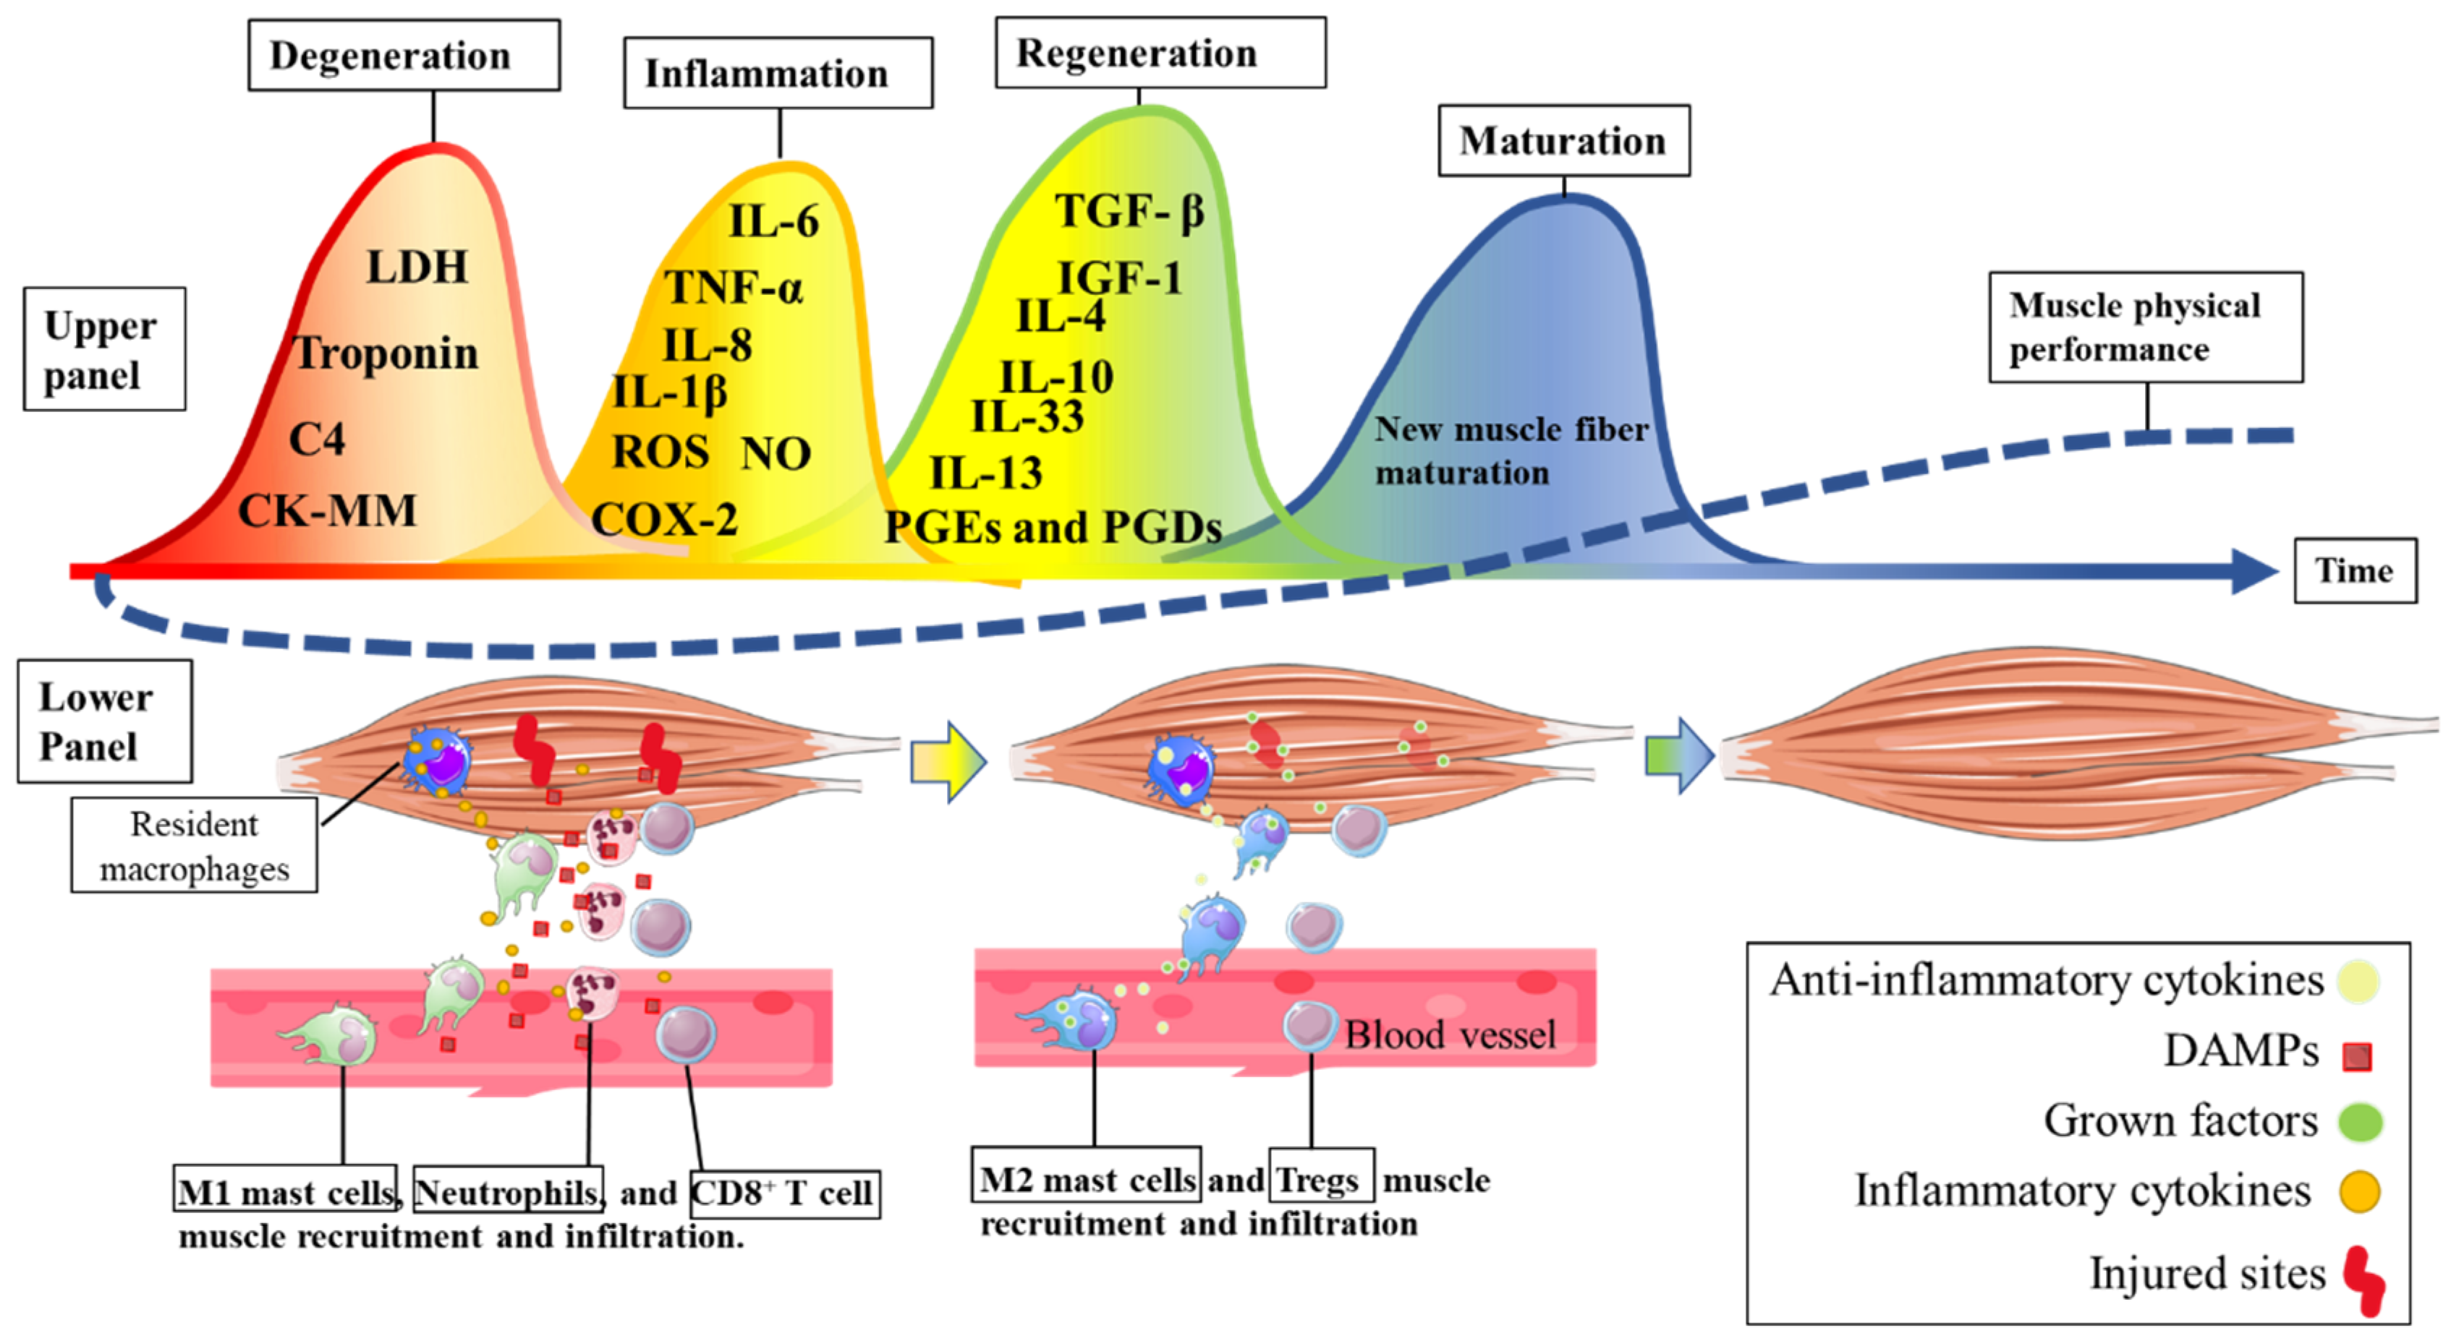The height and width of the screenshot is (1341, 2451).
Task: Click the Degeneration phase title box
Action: pyautogui.click(x=404, y=55)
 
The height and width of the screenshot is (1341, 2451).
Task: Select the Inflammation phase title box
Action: pyautogui.click(x=778, y=73)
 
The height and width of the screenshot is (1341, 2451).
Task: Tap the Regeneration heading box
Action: pyautogui.click(x=1160, y=53)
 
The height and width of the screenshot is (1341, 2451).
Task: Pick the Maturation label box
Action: pyautogui.click(x=1563, y=141)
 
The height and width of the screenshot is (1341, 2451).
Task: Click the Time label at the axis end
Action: pyautogui.click(x=2354, y=570)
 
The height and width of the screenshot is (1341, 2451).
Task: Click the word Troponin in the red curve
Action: pyautogui.click(x=386, y=354)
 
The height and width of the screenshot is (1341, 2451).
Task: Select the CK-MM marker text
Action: pyautogui.click(x=327, y=510)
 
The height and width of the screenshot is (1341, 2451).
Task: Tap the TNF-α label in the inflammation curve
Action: pyautogui.click(x=734, y=287)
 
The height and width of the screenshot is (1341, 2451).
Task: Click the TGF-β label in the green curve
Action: pyautogui.click(x=1129, y=211)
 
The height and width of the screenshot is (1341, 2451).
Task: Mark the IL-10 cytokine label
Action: pyautogui.click(x=1056, y=377)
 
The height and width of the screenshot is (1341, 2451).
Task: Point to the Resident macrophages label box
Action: pyautogui.click(x=194, y=846)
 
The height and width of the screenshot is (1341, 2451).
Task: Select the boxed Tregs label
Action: pyautogui.click(x=1321, y=1179)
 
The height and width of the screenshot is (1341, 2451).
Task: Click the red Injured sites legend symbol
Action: pyautogui.click(x=2363, y=1281)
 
